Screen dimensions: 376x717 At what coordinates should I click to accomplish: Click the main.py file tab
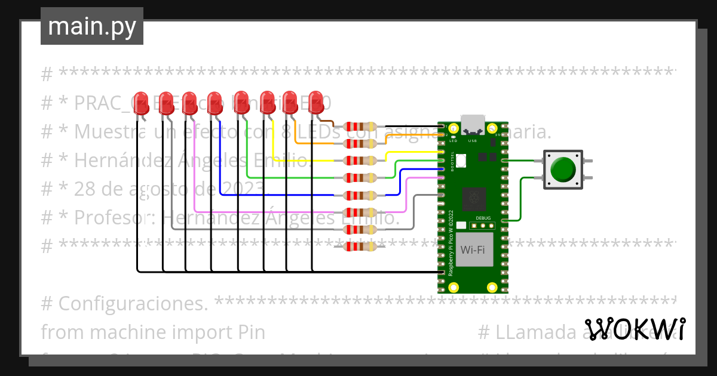pos(91,26)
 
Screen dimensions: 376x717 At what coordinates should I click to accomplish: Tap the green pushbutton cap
pos(563,169)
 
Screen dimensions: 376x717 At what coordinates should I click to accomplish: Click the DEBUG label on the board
pos(483,218)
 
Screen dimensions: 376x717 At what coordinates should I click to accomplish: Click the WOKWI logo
pos(635,329)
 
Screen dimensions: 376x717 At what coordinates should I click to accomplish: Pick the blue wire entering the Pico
pos(418,169)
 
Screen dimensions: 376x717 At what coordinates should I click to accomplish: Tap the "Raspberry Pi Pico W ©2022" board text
pos(451,242)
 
